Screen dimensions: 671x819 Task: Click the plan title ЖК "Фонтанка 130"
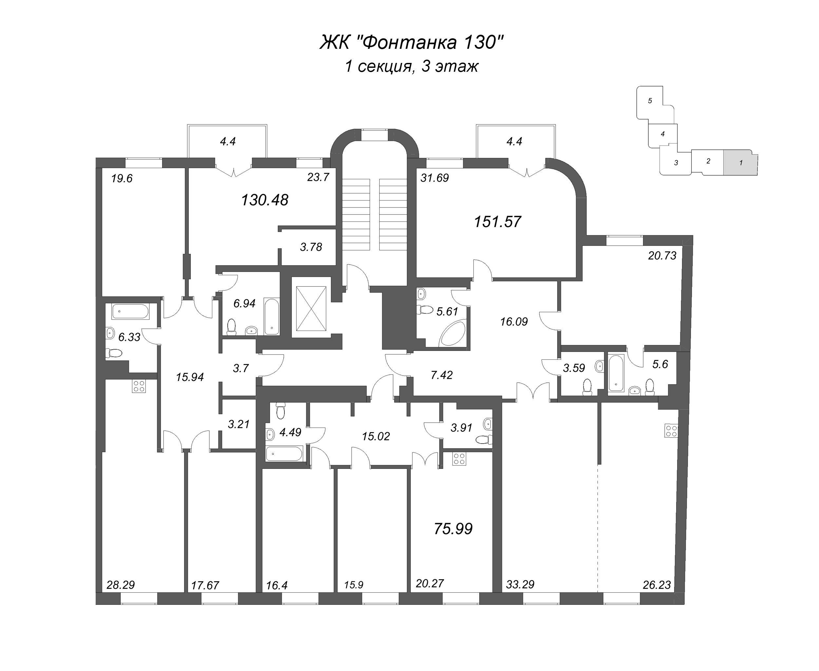tap(411, 43)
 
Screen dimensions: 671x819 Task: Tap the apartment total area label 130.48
tap(265, 200)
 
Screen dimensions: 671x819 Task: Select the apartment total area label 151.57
tap(497, 222)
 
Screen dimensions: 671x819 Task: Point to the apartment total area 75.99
tap(453, 529)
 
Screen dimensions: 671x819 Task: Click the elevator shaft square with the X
tap(311, 308)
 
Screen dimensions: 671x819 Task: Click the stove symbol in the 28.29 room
tap(139, 386)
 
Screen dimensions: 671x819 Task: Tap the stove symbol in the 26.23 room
tap(671, 431)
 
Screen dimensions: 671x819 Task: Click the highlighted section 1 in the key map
tap(740, 163)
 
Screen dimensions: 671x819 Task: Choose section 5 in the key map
tap(650, 101)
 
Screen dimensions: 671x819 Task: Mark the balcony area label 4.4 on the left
tap(228, 142)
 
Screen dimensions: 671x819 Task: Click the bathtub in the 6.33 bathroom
tap(130, 311)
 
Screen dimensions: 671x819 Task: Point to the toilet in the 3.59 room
tap(587, 387)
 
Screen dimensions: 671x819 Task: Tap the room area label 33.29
tap(520, 585)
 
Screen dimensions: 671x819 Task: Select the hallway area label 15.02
tap(376, 436)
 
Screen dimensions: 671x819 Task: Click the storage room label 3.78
tap(311, 247)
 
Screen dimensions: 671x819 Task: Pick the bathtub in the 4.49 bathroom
tap(284, 453)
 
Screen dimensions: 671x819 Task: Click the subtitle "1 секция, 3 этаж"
tap(411, 67)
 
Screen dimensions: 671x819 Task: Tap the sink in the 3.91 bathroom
tap(487, 424)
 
